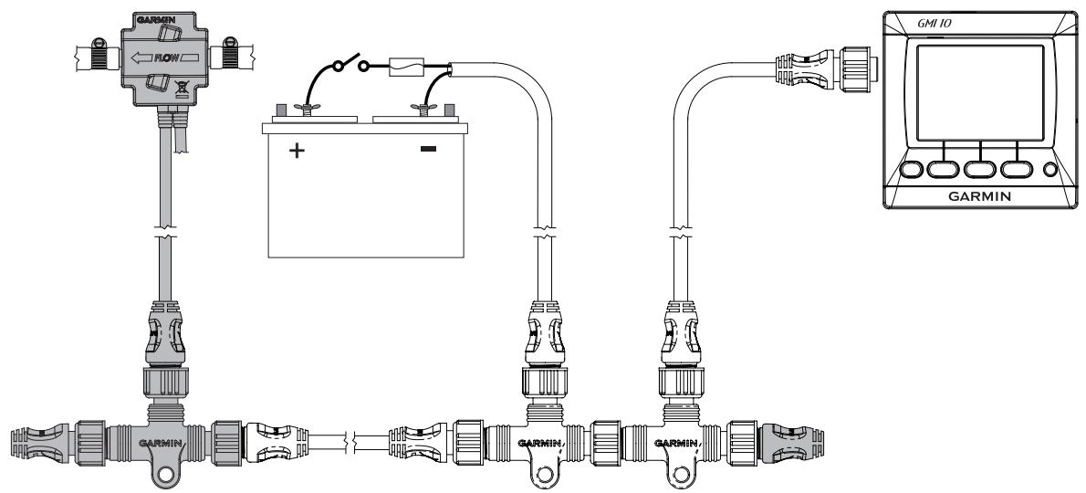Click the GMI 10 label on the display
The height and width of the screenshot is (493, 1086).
pyautogui.click(x=935, y=24)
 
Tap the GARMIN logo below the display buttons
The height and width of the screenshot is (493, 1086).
pyautogui.click(x=979, y=196)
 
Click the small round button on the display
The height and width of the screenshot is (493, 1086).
pyautogui.click(x=1050, y=169)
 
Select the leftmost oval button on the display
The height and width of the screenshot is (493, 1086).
pyautogui.click(x=912, y=169)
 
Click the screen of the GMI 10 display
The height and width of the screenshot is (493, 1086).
pyautogui.click(x=980, y=93)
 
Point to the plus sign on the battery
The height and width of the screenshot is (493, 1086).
pyautogui.click(x=297, y=151)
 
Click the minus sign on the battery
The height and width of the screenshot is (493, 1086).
pyautogui.click(x=429, y=148)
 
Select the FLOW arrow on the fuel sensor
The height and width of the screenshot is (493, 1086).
pyautogui.click(x=165, y=58)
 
